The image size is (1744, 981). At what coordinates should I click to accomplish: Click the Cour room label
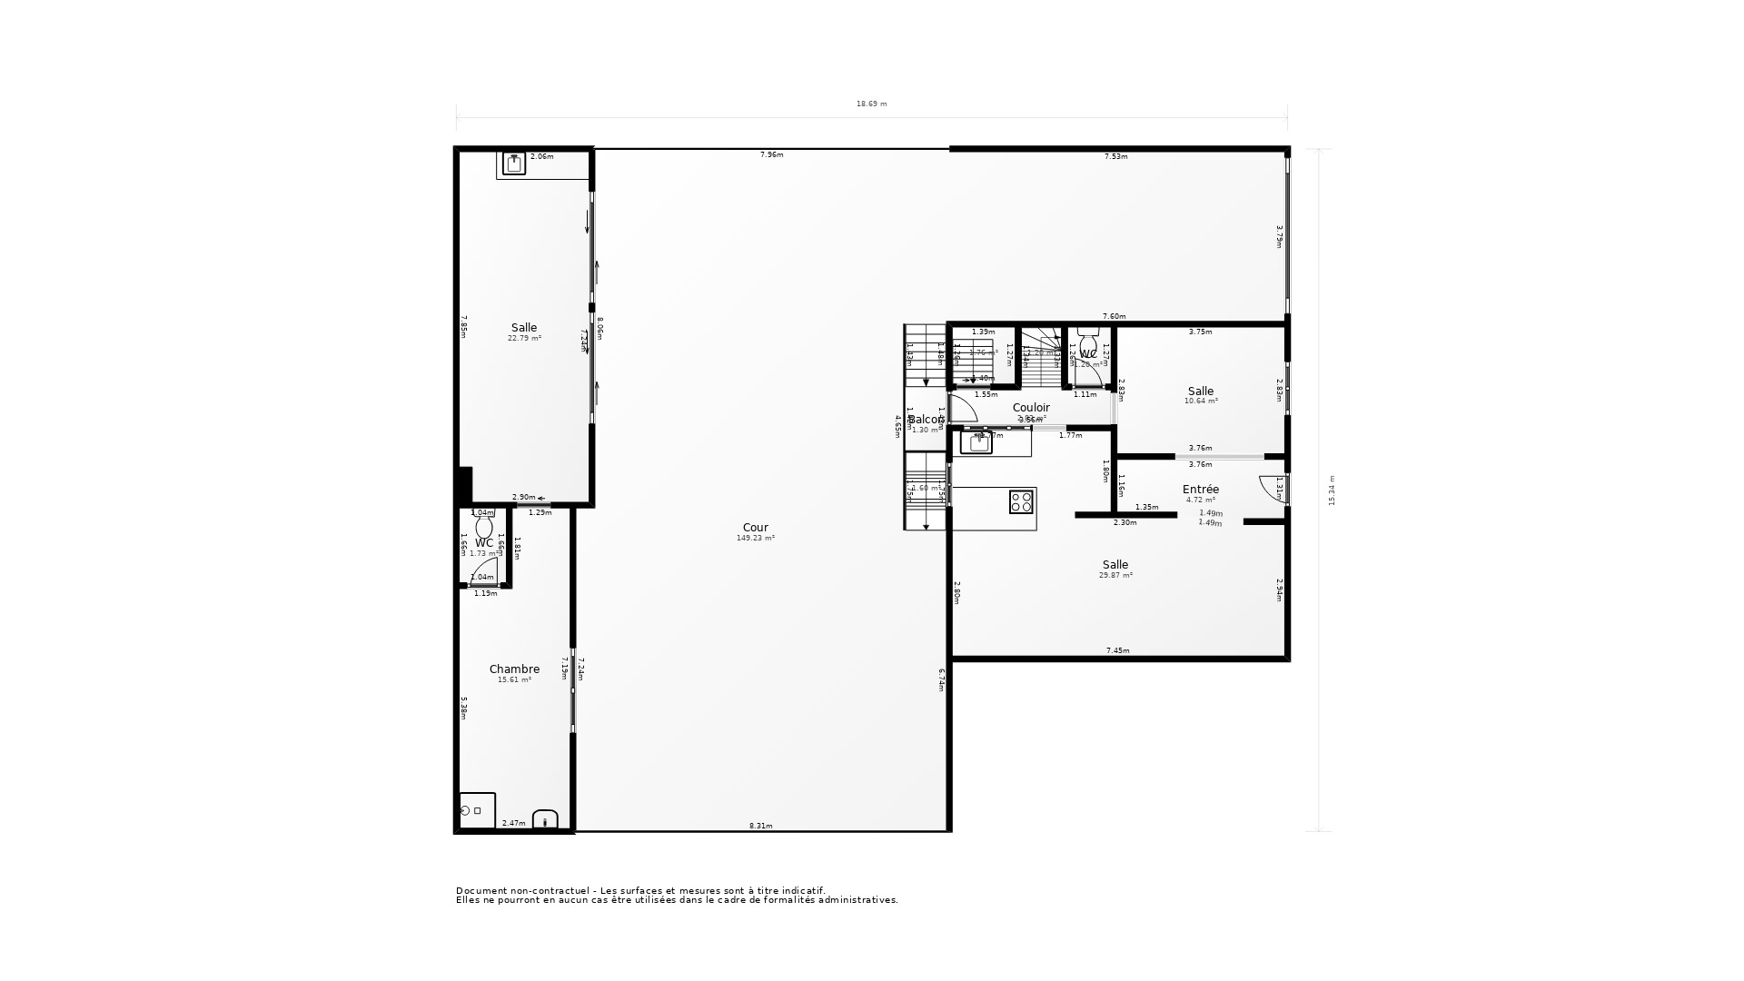[x=755, y=528]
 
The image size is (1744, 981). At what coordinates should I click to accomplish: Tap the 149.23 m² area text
[x=755, y=539]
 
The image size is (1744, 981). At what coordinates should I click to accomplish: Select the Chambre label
[x=514, y=669]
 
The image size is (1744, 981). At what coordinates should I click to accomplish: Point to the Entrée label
[x=1200, y=490]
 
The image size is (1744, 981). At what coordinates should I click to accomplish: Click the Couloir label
[x=1031, y=408]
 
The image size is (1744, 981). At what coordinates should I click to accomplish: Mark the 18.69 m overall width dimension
[x=871, y=104]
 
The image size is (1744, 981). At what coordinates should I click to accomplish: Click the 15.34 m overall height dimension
[x=1332, y=490]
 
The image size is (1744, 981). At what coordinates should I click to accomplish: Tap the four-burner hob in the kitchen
[x=1022, y=501]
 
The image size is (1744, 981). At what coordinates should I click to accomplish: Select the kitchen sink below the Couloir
[x=977, y=443]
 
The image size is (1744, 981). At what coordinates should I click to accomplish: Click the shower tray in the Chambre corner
[x=477, y=810]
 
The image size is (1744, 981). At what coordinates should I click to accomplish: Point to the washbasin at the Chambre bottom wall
[x=545, y=820]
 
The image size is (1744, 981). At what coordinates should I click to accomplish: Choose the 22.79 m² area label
[x=524, y=339]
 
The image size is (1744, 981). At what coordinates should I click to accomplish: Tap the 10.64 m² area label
[x=1201, y=401]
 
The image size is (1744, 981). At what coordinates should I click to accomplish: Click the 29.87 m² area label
[x=1115, y=575]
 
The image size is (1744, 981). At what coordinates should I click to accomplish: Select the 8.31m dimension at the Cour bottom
[x=760, y=826]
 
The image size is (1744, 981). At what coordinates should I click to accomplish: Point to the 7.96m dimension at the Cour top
[x=771, y=155]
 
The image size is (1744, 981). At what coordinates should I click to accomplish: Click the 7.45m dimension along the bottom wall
[x=1117, y=650]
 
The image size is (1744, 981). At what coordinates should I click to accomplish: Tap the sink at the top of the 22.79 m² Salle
[x=514, y=164]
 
